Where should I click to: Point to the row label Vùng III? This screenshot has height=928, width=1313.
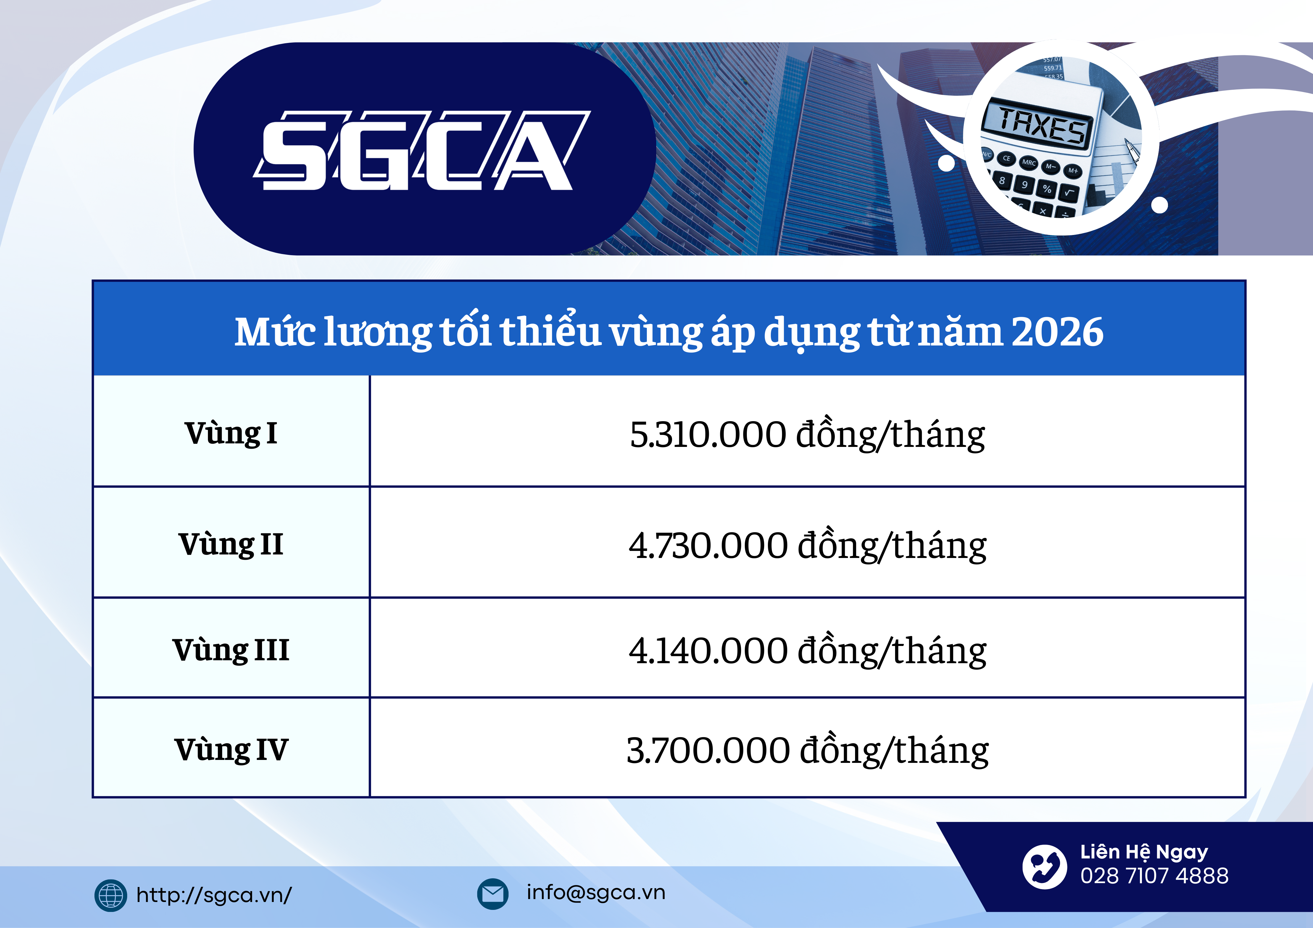pyautogui.click(x=231, y=650)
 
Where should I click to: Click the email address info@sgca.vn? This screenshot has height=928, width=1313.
pyautogui.click(x=596, y=893)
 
